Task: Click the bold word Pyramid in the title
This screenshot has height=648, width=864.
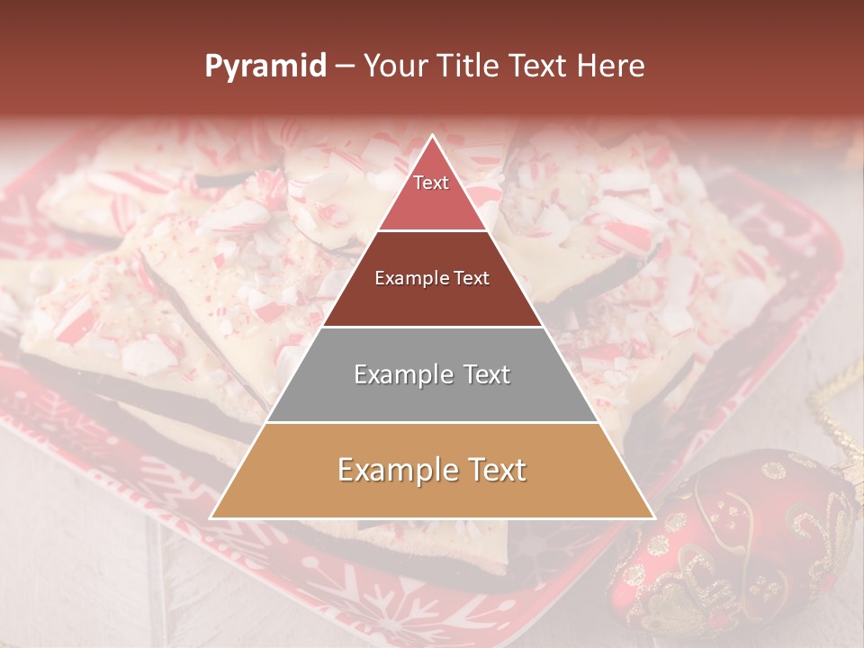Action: pyautogui.click(x=265, y=67)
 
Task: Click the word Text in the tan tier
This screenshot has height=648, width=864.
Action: pyautogui.click(x=491, y=470)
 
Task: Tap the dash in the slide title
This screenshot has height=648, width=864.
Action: pyautogui.click(x=345, y=67)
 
